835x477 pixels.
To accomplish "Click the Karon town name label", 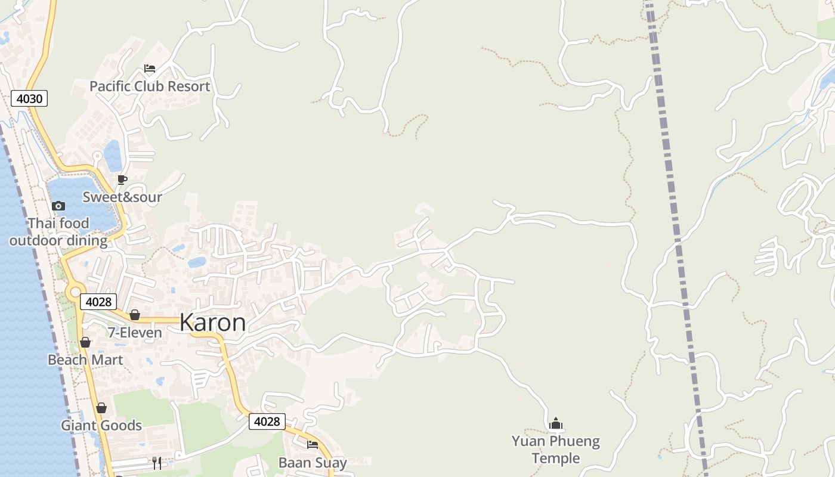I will coord(212,323).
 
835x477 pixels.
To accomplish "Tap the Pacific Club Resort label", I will coord(150,86).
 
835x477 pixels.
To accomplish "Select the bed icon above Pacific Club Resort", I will coord(150,69).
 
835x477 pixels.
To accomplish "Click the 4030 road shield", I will coord(29,98).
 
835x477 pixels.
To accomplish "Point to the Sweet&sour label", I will coord(122,197).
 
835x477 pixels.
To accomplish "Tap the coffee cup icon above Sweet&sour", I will coord(122,179).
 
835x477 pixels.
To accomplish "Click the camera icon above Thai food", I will coord(58,206).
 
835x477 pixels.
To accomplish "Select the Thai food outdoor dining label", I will coord(58,232).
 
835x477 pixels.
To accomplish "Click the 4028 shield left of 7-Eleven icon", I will coord(98,302).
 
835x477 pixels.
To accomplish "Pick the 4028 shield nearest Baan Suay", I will coord(267,422).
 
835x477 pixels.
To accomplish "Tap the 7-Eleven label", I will coord(135,333).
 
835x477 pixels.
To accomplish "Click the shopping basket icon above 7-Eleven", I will coord(135,315).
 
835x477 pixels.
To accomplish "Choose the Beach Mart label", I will coord(85,360).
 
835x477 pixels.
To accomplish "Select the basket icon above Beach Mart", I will coord(85,342).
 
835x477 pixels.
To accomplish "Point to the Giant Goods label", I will coord(101,426).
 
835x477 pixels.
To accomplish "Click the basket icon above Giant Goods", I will coord(101,408).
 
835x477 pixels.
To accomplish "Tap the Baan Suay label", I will coord(313,463).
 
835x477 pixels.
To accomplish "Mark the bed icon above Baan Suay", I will coord(313,445).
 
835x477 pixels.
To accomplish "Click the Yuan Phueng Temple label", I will coord(556,450).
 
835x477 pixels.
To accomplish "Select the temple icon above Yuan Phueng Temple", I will coord(556,424).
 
